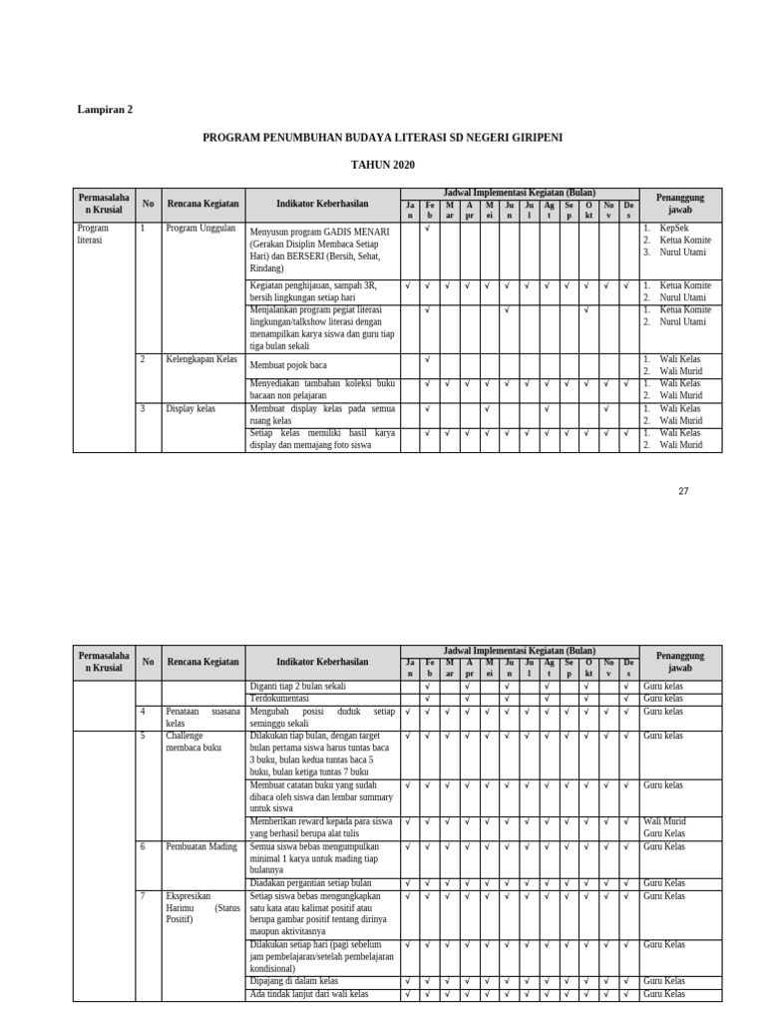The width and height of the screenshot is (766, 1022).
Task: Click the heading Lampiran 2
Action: pyautogui.click(x=105, y=110)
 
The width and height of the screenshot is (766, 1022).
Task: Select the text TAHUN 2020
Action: pyautogui.click(x=382, y=165)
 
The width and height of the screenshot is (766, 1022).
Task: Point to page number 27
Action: pyautogui.click(x=683, y=491)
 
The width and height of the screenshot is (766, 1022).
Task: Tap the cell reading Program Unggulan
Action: pyautogui.click(x=200, y=229)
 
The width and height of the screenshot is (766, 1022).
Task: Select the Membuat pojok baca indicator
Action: pyautogui.click(x=288, y=365)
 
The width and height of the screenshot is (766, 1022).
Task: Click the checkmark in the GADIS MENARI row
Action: pyautogui.click(x=428, y=229)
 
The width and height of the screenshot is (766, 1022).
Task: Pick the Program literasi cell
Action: pyautogui.click(x=93, y=235)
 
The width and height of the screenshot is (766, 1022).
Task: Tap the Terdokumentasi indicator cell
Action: pyautogui.click(x=280, y=700)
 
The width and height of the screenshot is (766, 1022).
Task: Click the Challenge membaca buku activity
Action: pyautogui.click(x=193, y=742)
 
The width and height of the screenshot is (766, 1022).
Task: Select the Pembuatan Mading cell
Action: pyautogui.click(x=201, y=846)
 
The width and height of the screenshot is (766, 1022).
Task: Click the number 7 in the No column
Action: pyautogui.click(x=143, y=896)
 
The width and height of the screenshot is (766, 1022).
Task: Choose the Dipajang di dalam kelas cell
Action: pyautogui.click(x=294, y=982)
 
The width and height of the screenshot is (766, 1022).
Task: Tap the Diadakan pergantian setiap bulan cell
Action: pyautogui.click(x=310, y=883)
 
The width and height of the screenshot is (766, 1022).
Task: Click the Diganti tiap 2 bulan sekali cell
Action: pyautogui.click(x=297, y=687)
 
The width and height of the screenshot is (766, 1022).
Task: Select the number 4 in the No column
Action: pyautogui.click(x=143, y=712)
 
